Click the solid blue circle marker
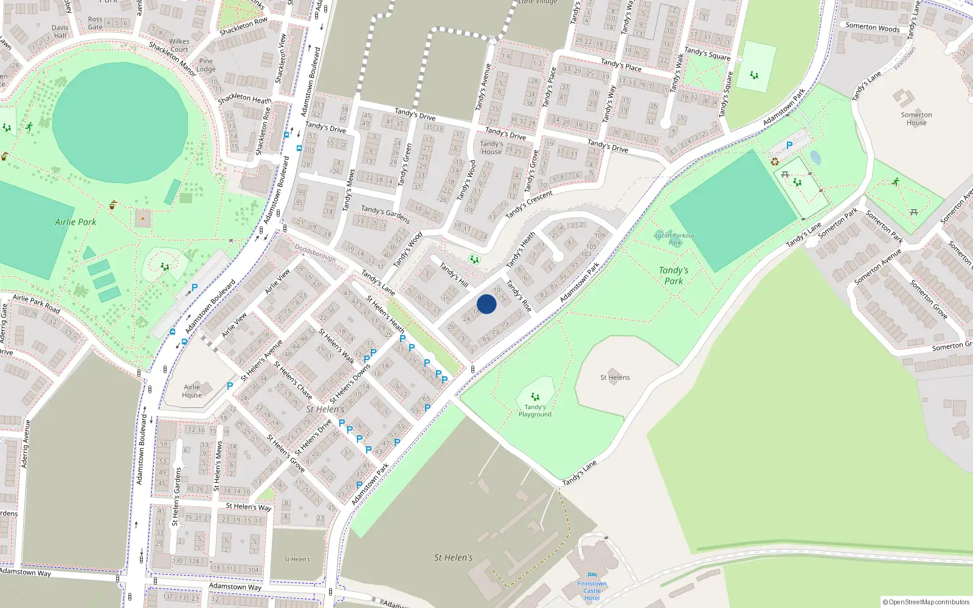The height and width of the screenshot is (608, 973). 486,304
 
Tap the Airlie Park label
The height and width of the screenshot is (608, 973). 75,222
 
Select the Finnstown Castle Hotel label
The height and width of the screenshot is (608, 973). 592,590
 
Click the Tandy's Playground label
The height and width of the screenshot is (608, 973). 535,411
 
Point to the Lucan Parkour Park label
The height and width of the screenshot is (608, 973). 674,239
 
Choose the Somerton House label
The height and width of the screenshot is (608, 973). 916,119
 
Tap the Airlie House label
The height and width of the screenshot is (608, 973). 192,391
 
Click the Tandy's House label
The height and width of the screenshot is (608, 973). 491,148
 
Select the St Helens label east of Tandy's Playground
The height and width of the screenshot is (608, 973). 615,378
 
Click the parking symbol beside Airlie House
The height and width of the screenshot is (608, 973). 230,386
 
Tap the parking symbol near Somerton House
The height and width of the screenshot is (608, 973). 789,145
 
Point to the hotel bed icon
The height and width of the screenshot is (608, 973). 592,575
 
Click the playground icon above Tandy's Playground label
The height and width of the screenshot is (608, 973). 535,397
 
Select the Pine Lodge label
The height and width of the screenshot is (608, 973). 206,65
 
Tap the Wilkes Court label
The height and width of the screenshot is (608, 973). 179,46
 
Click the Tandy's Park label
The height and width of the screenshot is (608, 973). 674,275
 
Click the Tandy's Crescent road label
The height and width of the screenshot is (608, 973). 528,204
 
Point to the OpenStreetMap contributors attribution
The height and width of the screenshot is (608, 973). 926,602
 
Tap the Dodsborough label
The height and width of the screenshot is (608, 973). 315,253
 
